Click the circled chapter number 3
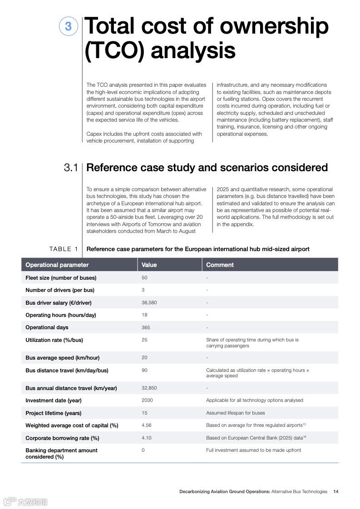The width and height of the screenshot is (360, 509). pyautogui.click(x=68, y=26)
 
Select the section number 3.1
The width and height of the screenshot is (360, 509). pyautogui.click(x=71, y=168)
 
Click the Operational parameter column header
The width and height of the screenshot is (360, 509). pyautogui.click(x=57, y=265)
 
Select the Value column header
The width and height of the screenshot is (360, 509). pyautogui.click(x=149, y=265)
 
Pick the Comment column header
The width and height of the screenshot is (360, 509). pyautogui.click(x=220, y=265)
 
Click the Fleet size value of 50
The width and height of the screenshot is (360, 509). pyautogui.click(x=144, y=277)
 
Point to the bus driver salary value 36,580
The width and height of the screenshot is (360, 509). pyautogui.click(x=149, y=302)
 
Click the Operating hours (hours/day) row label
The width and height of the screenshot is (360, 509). pyautogui.click(x=61, y=315)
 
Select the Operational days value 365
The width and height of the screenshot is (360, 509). pyautogui.click(x=146, y=327)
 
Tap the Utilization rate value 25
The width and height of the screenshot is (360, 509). pyautogui.click(x=144, y=340)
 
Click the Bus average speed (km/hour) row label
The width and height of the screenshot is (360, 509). pyautogui.click(x=63, y=358)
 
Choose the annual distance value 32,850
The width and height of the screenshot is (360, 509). pyautogui.click(x=149, y=388)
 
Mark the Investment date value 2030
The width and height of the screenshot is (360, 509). pyautogui.click(x=147, y=400)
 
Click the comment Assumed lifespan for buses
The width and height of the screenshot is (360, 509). pyautogui.click(x=235, y=413)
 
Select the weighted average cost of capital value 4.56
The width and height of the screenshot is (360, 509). pyautogui.click(x=146, y=425)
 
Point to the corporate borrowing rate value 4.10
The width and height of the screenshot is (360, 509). pyautogui.click(x=146, y=438)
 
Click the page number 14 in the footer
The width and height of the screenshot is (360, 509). pyautogui.click(x=335, y=491)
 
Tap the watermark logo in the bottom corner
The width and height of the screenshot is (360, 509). pyautogui.click(x=25, y=502)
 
